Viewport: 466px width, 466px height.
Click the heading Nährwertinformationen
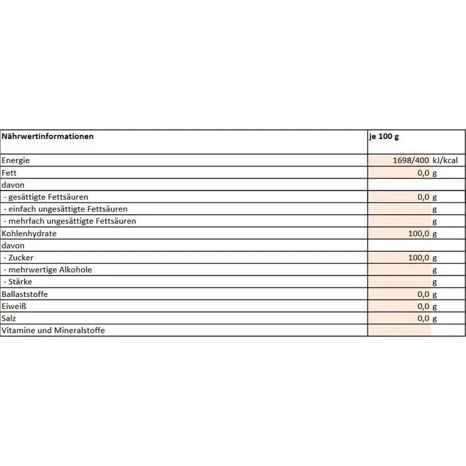[48, 136]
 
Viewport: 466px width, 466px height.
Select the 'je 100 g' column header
[383, 136]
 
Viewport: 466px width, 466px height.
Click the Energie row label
[16, 160]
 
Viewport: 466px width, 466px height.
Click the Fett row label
[9, 172]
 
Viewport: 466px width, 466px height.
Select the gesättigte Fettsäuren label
[46, 197]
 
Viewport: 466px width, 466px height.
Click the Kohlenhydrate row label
[29, 234]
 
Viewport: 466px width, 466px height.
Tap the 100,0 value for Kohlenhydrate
[419, 234]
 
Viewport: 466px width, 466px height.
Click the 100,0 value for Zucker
[419, 258]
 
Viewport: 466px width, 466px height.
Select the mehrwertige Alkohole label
[47, 270]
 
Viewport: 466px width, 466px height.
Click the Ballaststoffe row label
[25, 294]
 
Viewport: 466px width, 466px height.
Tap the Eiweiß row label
[14, 306]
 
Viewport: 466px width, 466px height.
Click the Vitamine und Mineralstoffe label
[53, 331]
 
